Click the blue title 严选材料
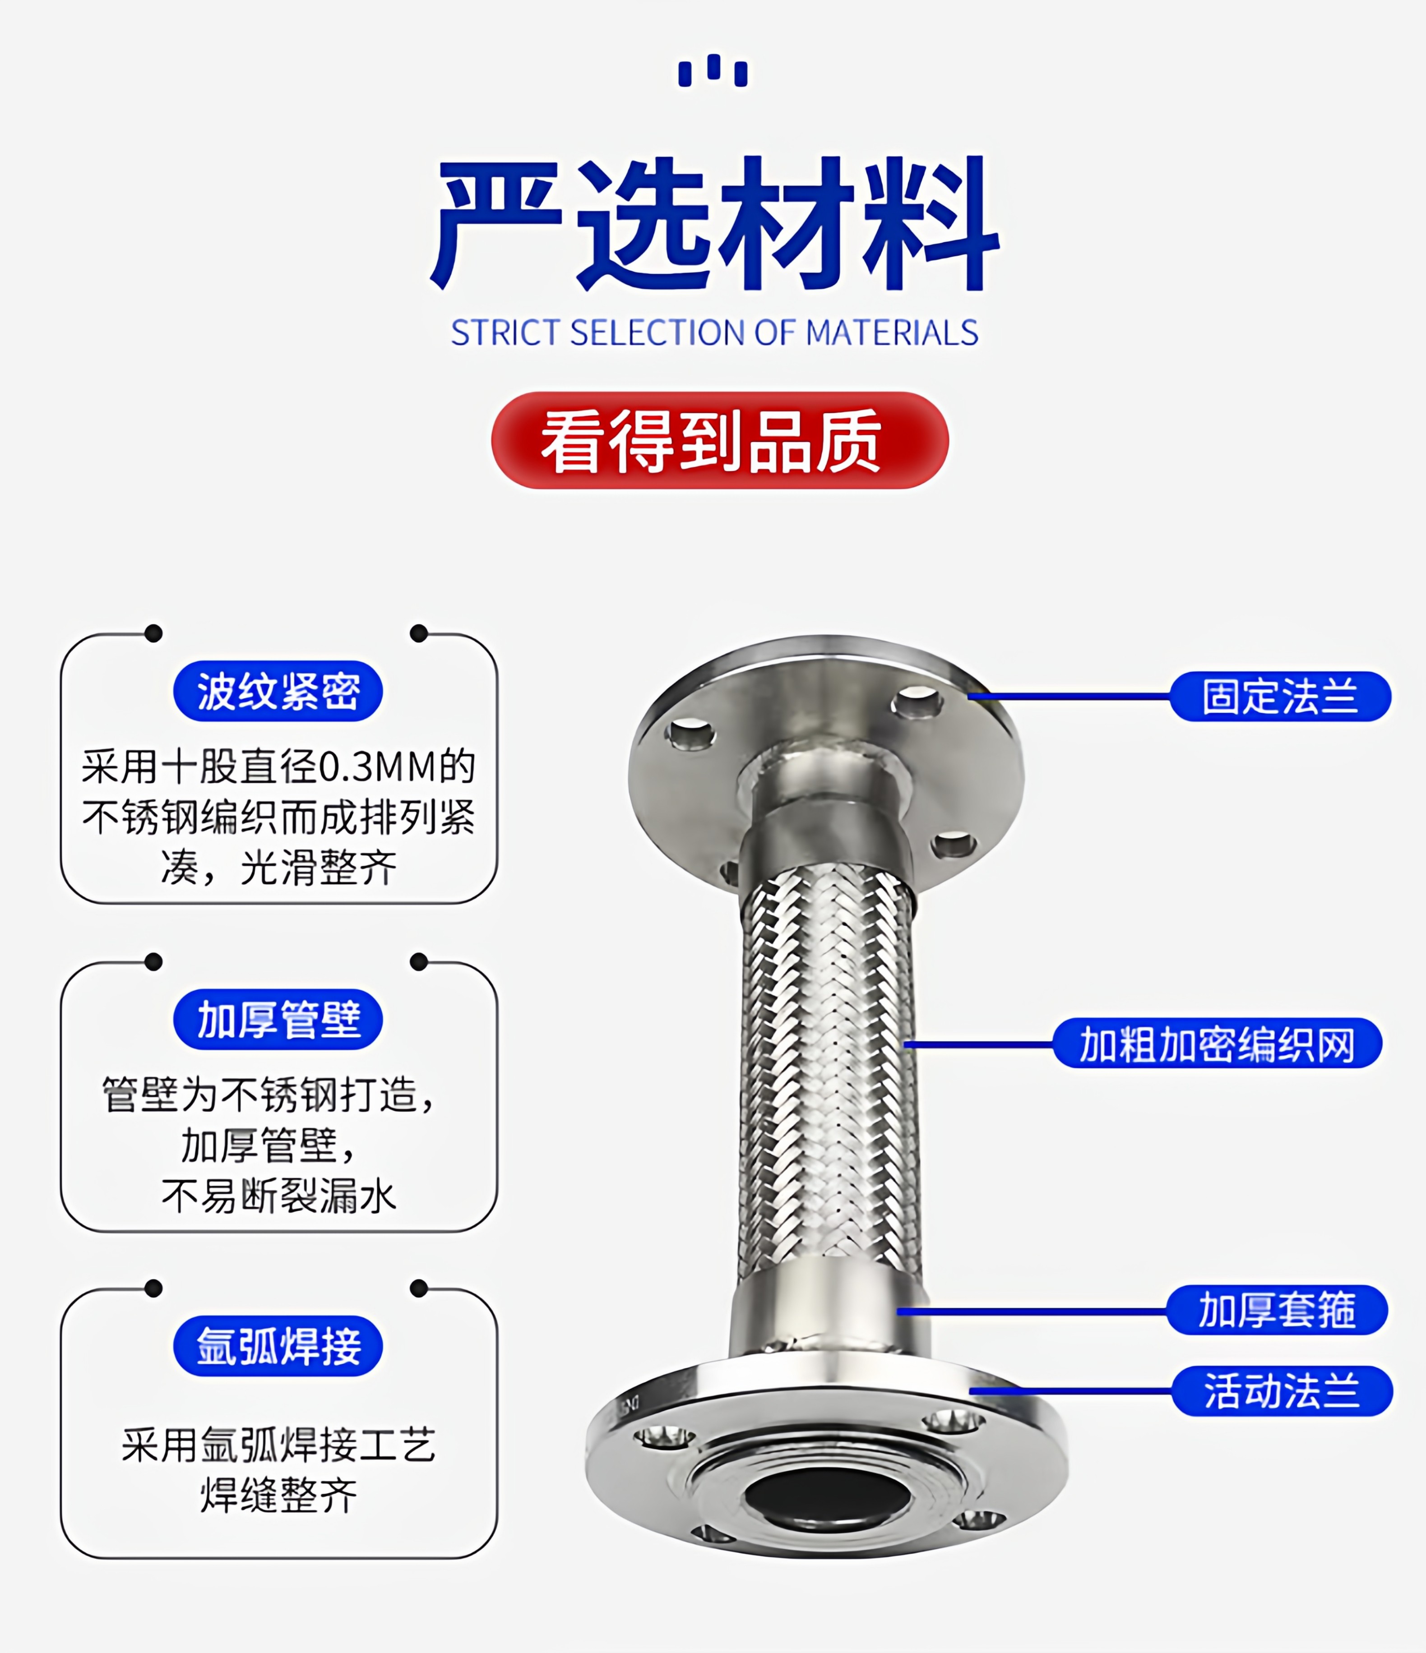point(714,223)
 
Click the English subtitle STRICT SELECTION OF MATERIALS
point(714,332)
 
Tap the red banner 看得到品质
point(720,440)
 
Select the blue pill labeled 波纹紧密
point(278,691)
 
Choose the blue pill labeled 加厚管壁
point(278,1020)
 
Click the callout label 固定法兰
point(1280,697)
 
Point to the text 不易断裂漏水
point(278,1197)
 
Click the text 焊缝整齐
point(278,1496)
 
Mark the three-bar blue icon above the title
point(713,70)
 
